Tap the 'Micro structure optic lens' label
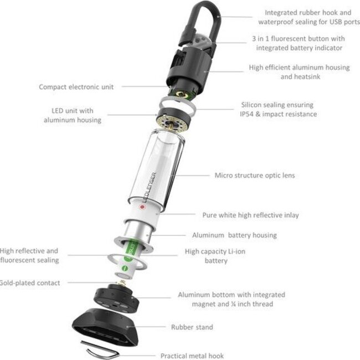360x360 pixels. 255,176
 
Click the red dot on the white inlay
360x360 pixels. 142,209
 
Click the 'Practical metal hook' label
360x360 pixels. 192,356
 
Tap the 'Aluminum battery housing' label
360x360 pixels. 234,235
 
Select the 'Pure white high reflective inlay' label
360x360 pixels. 254,214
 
